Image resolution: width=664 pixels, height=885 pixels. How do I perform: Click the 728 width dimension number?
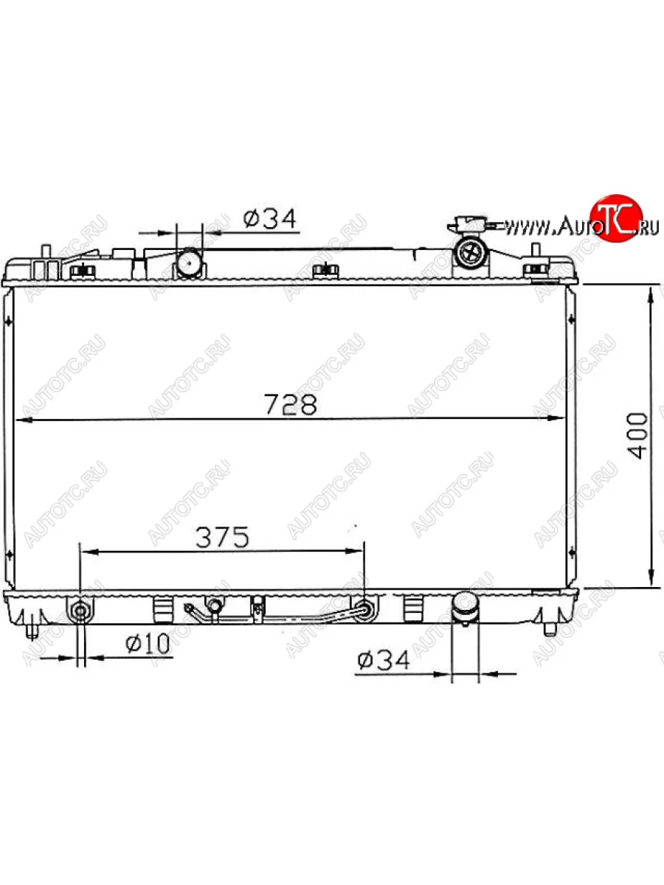click(x=291, y=404)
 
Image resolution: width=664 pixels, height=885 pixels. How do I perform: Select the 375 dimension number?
click(x=223, y=538)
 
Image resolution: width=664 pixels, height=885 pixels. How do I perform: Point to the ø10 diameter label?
click(x=148, y=644)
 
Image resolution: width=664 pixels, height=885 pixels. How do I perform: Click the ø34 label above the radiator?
click(x=270, y=218)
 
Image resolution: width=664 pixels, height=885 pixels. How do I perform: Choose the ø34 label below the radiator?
click(x=384, y=660)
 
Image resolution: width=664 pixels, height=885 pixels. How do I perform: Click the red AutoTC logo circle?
click(x=617, y=218)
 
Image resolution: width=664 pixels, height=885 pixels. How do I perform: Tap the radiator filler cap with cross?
click(x=471, y=253)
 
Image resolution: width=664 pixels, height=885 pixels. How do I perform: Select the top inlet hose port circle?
click(x=189, y=263)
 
